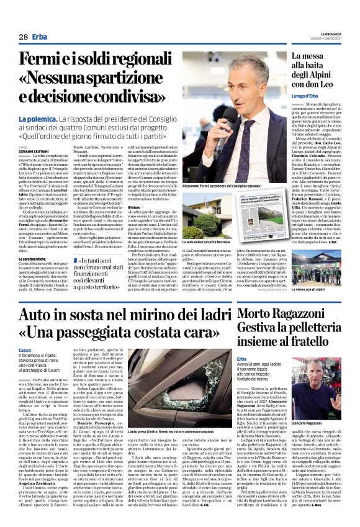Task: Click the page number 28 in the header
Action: point(22,38)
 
